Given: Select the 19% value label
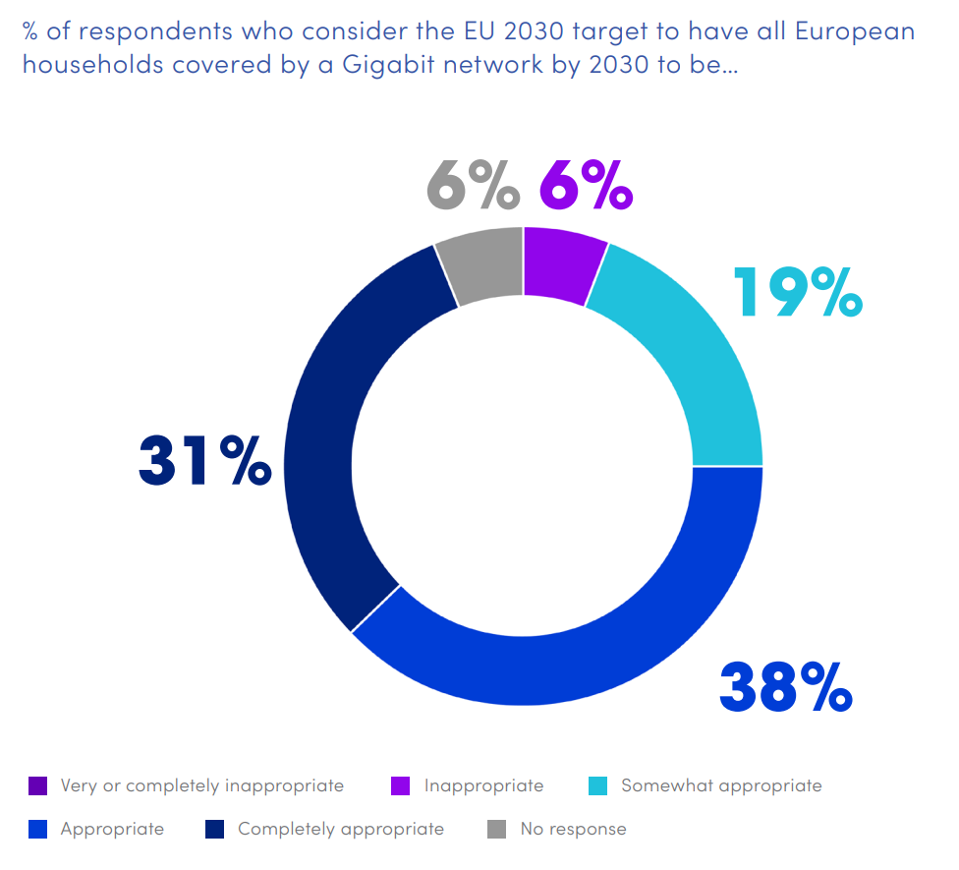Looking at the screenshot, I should coord(797,292).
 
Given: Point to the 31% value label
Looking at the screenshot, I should coord(205,461).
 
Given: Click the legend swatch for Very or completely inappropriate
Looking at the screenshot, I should coord(38,785).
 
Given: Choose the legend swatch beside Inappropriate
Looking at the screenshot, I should coord(401,785).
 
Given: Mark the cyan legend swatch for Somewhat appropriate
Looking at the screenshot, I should coord(598,785).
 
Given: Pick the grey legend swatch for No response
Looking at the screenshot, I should coord(497,829).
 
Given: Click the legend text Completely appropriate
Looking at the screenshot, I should coord(341,829).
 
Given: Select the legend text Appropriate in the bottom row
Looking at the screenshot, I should coord(112,829).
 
